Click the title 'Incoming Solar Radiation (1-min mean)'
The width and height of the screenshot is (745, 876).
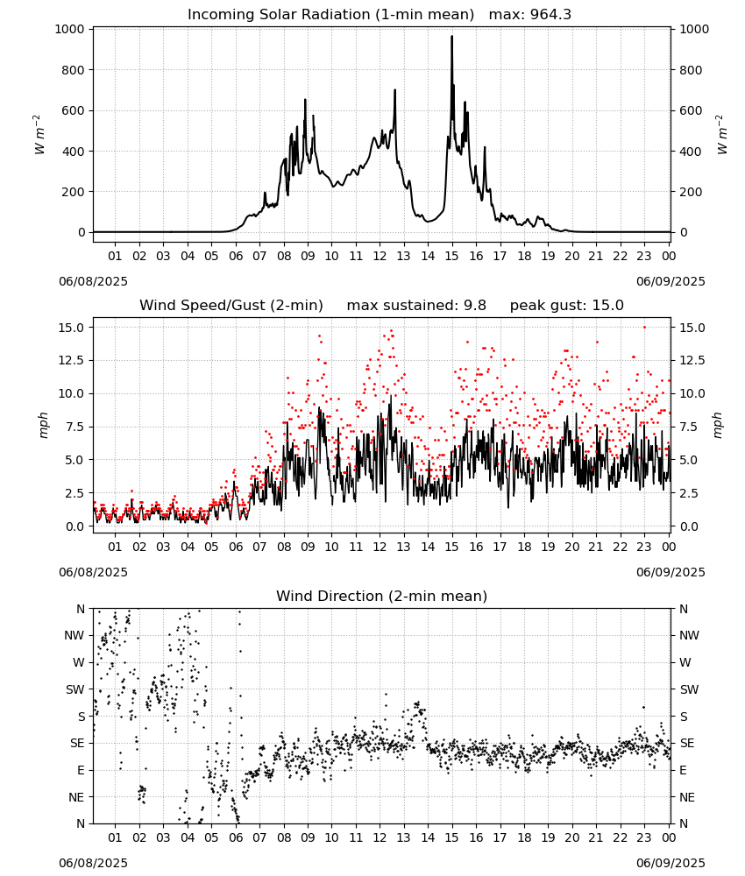click(x=330, y=15)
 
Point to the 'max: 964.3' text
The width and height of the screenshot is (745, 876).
click(x=530, y=15)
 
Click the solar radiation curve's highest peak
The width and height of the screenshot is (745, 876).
click(x=452, y=37)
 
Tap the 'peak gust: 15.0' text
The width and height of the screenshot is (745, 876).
click(x=567, y=305)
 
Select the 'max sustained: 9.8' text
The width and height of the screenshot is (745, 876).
click(x=416, y=305)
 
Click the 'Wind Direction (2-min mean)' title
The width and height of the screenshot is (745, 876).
click(x=382, y=596)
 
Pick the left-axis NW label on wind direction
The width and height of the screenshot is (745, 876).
click(x=74, y=635)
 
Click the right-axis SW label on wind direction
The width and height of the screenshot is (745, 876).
click(x=689, y=689)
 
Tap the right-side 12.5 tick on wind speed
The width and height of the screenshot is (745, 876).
click(x=692, y=360)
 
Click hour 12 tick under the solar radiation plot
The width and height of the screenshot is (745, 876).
click(x=380, y=256)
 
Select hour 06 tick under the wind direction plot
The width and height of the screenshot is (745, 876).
click(x=236, y=837)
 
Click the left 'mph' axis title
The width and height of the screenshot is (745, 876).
click(x=44, y=426)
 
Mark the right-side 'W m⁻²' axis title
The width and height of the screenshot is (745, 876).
click(x=721, y=134)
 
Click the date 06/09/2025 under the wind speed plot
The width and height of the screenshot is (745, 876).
click(x=670, y=572)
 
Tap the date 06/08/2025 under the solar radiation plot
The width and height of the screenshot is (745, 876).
click(x=93, y=281)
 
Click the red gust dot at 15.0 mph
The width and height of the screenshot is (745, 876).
click(x=644, y=328)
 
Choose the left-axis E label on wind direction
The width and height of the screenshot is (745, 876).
click(x=81, y=770)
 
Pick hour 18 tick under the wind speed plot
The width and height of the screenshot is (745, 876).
click(x=524, y=547)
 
